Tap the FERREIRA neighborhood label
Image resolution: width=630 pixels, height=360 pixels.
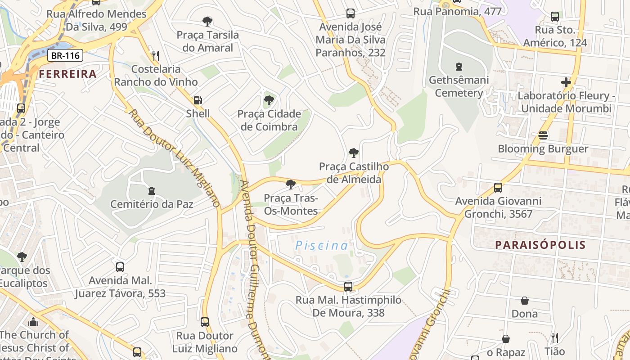tap(67, 74)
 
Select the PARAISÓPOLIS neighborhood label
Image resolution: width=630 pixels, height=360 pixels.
tap(540, 245)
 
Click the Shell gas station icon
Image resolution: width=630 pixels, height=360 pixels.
tap(198, 100)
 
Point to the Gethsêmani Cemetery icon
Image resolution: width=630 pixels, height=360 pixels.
tap(459, 67)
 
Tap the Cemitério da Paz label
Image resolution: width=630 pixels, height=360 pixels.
tap(152, 204)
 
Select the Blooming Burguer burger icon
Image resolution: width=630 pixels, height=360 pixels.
tap(543, 135)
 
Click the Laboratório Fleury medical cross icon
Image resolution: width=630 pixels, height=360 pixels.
tap(566, 82)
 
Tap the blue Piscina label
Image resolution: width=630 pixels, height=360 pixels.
tap(322, 245)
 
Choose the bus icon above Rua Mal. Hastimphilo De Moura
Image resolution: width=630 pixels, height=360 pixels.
tap(348, 286)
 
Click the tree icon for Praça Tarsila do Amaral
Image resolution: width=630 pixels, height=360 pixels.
tap(207, 21)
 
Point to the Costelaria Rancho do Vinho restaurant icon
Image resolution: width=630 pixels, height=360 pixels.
tap(156, 56)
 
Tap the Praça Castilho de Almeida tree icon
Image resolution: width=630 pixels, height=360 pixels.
tap(354, 153)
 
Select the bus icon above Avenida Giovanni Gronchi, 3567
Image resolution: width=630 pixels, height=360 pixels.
tap(498, 187)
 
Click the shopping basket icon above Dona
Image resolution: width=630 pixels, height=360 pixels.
tap(525, 300)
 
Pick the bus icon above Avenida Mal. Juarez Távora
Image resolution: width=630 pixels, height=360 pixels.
tap(120, 267)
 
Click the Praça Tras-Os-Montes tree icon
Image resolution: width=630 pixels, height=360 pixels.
tap(291, 184)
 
